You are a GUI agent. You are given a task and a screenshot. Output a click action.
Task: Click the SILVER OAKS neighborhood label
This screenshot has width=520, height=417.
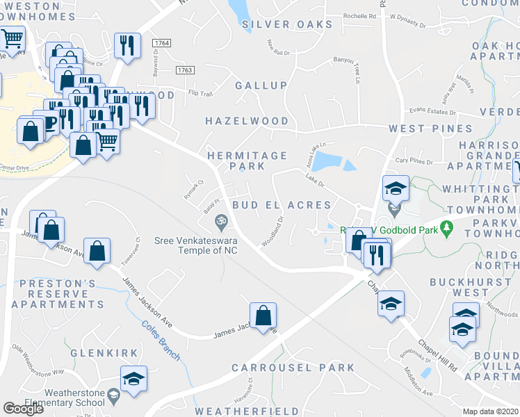click(x=288, y=24)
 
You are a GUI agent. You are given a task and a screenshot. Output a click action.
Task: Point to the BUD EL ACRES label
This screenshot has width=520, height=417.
click(x=282, y=205)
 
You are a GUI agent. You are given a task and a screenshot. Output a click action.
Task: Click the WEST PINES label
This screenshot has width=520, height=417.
click(x=430, y=129)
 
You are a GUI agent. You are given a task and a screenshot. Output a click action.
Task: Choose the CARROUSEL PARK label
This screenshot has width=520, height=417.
click(x=293, y=368)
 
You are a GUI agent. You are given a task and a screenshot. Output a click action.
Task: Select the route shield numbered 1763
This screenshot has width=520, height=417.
click(x=185, y=69)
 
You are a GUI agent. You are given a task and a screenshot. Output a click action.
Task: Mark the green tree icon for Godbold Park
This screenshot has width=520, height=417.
click(x=447, y=227)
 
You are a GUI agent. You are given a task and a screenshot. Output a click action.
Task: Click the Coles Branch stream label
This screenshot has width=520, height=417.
click(x=161, y=341)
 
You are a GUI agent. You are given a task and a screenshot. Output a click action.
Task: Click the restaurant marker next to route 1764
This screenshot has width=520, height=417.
click(x=127, y=46)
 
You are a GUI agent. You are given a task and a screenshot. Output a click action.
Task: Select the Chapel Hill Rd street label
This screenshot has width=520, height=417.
click(x=437, y=354)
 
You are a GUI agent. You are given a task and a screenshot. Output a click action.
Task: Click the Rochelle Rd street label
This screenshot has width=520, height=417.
click(x=359, y=15)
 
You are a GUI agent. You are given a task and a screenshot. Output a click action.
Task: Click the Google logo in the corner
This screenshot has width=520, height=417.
click(x=23, y=409)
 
